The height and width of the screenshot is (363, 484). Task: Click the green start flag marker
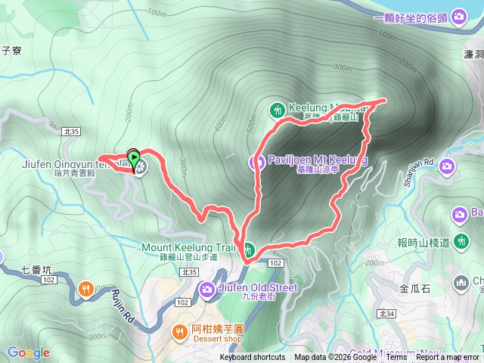click(134, 158)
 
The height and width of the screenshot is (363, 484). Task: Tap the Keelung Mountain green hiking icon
click(278, 110)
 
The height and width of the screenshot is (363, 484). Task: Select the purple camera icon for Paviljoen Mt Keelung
click(256, 161)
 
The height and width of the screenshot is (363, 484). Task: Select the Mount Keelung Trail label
click(189, 247)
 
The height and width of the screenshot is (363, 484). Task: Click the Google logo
click(28, 352)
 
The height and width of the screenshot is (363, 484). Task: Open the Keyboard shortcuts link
click(253, 358)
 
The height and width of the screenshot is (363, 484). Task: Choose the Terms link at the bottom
click(396, 358)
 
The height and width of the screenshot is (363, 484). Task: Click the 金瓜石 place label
click(414, 288)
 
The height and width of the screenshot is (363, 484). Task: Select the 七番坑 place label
click(36, 269)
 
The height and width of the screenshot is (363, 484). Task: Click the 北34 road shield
click(386, 313)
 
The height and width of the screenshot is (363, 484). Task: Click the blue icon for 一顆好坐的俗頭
click(459, 18)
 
